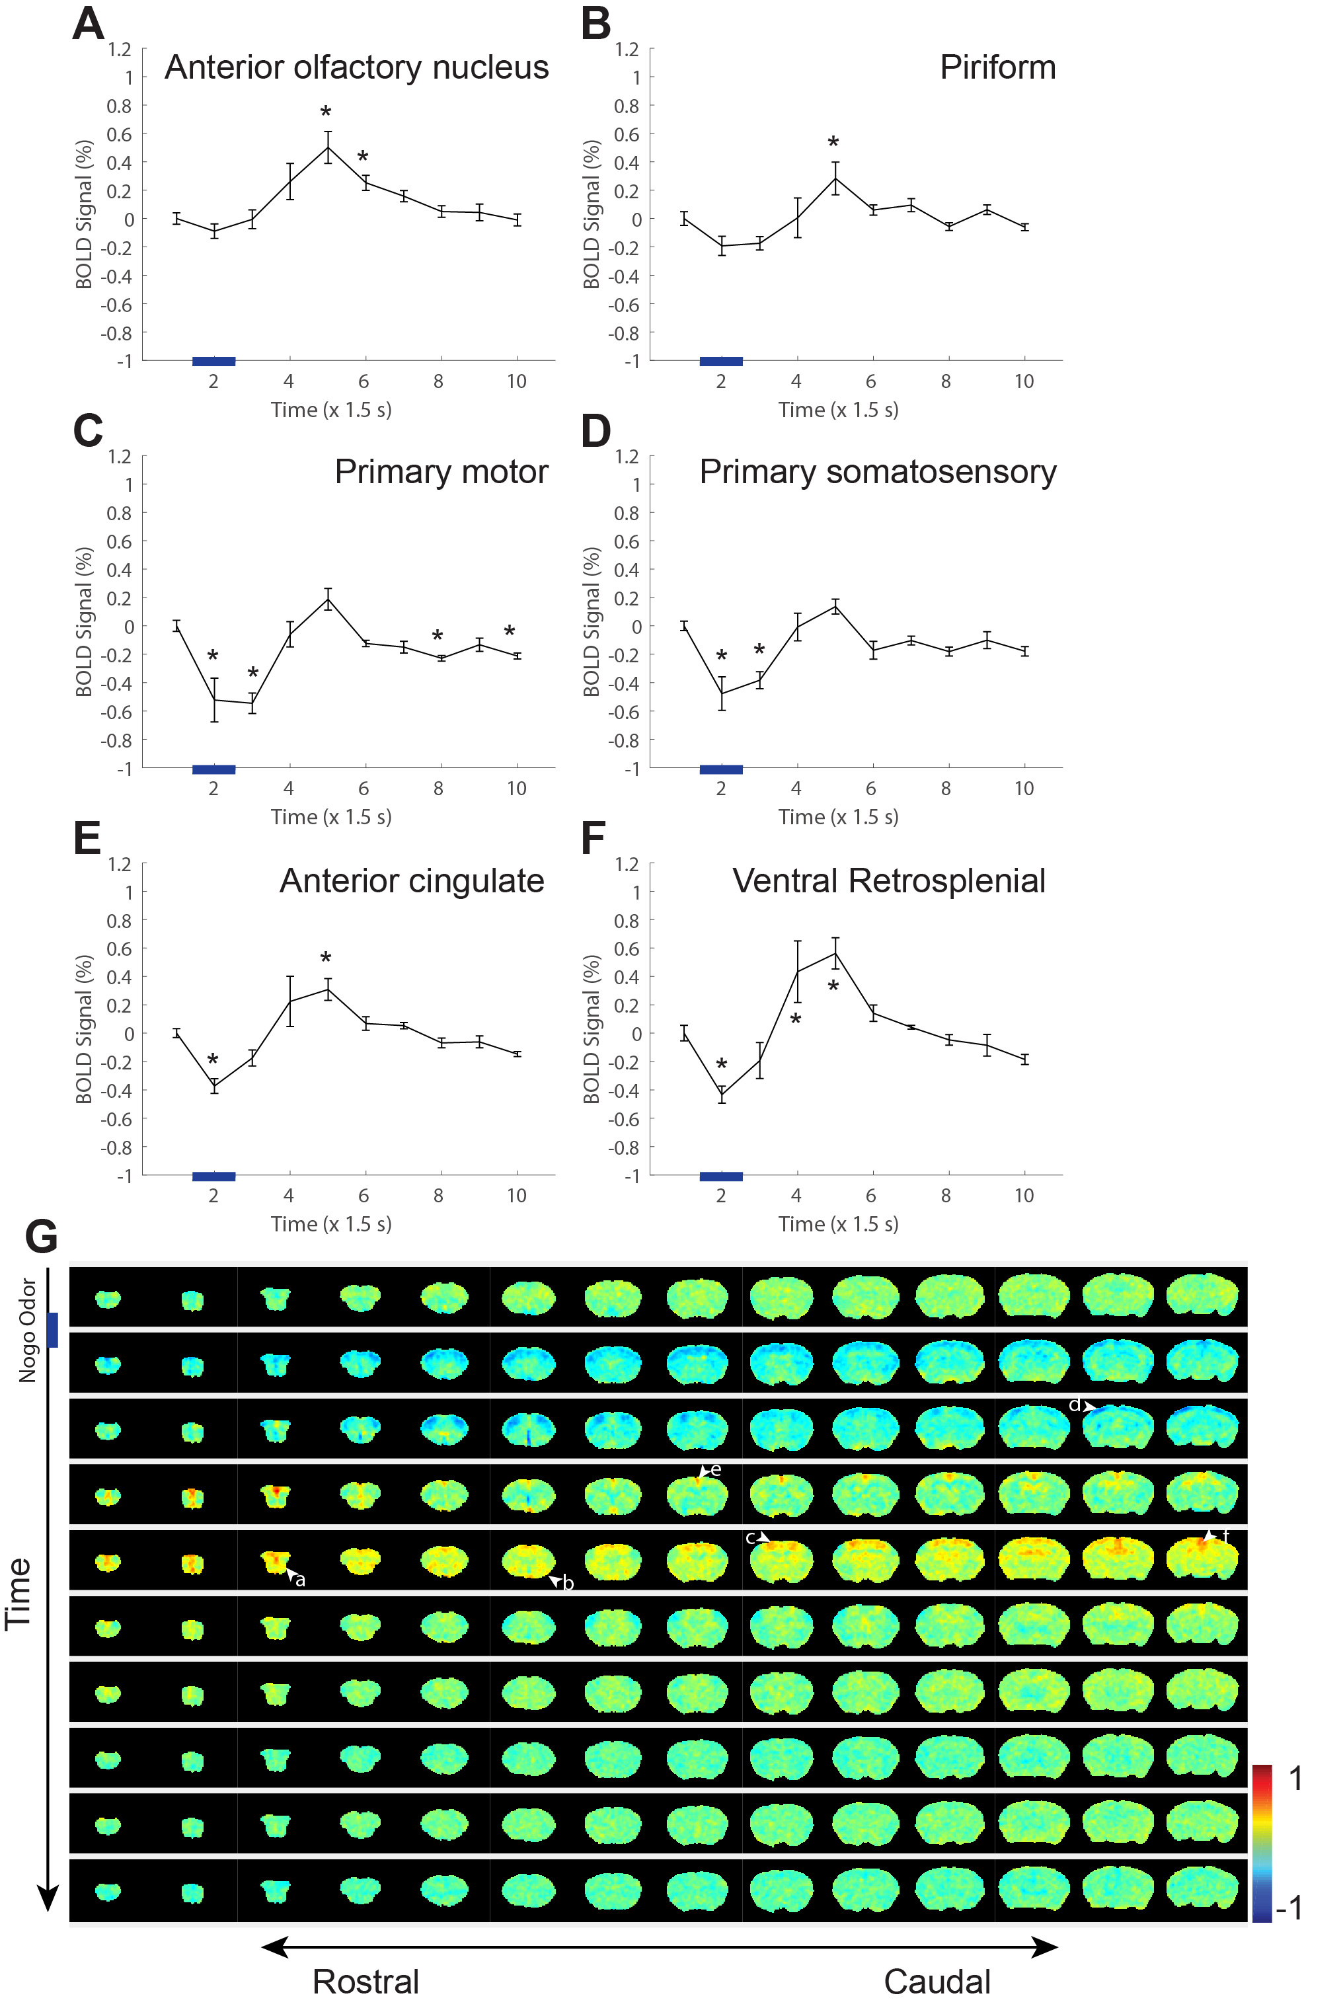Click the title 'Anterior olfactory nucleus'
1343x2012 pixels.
[356, 67]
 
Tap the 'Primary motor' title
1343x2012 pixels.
[441, 472]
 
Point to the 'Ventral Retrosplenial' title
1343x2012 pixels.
[888, 880]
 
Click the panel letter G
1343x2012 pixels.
[41, 1237]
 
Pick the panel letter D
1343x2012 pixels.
[596, 431]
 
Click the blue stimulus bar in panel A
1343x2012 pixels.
[213, 362]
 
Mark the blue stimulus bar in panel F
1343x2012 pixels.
[720, 1176]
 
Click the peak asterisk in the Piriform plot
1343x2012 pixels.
[833, 142]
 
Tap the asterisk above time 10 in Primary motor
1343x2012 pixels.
[510, 632]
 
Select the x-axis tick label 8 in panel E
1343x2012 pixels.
[439, 1196]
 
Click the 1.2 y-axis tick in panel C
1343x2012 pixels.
[120, 457]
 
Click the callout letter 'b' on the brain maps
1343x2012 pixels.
[568, 1583]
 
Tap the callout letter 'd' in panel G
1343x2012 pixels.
[1074, 1405]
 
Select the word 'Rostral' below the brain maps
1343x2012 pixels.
[365, 1981]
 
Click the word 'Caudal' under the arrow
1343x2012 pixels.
[937, 1981]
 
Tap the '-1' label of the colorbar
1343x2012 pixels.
[1289, 1908]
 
